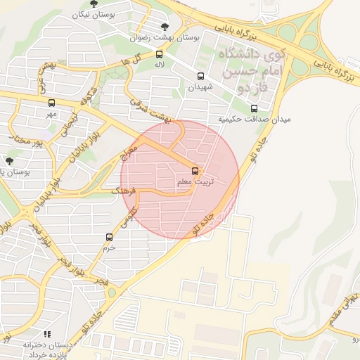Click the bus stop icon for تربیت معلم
195,170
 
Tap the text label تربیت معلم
195,182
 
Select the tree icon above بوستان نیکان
94,4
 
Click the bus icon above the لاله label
159,54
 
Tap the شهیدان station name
200,87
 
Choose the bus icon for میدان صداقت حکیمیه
254,108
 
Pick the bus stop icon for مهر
51,103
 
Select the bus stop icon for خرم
109,237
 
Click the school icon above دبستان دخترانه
47,334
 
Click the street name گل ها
141,59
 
